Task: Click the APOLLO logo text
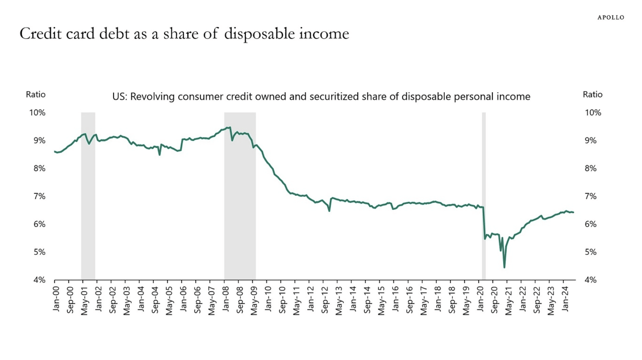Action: click(x=610, y=17)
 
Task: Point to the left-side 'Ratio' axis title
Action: click(x=36, y=94)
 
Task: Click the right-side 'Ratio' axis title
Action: click(x=592, y=94)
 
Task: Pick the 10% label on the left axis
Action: click(x=37, y=112)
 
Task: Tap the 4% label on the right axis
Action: click(x=590, y=280)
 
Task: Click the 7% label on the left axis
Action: click(x=39, y=196)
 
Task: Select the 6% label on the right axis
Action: click(x=590, y=224)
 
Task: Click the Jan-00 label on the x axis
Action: click(x=56, y=299)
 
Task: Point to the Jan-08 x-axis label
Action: click(x=226, y=299)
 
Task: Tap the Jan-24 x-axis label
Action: click(x=565, y=299)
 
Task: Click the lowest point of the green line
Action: click(x=504, y=267)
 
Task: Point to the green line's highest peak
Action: click(x=230, y=127)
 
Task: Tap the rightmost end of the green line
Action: click(x=573, y=212)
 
